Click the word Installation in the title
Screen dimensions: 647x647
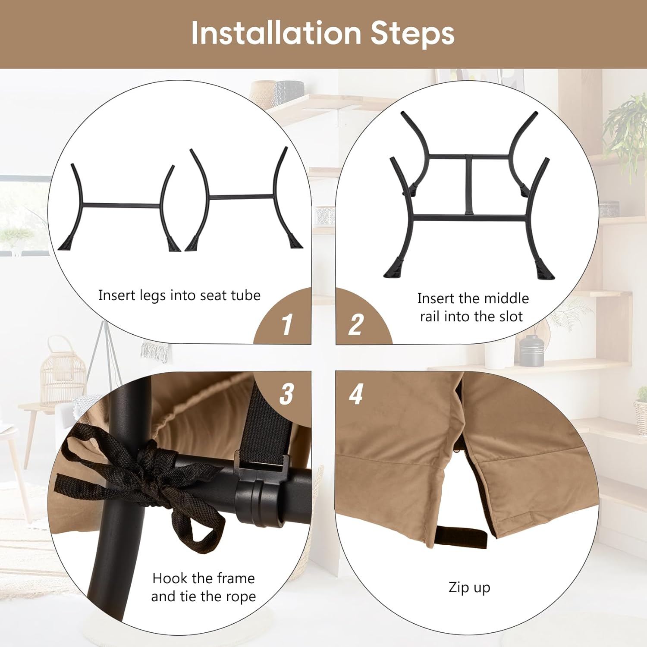276,33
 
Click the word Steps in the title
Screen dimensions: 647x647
412,33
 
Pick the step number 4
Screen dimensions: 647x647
356,393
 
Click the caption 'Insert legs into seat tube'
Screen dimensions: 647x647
179,295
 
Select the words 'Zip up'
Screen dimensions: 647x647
469,587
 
